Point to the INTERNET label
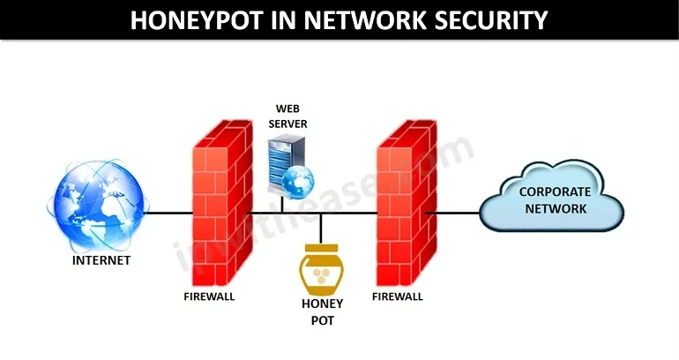[x=101, y=260]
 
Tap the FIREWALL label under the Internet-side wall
[x=209, y=296]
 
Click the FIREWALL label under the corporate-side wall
[x=398, y=296]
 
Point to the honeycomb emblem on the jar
[x=321, y=274]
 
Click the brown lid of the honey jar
[x=321, y=248]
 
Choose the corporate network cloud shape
[x=552, y=200]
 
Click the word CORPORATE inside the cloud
[x=554, y=191]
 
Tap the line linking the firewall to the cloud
[x=453, y=213]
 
